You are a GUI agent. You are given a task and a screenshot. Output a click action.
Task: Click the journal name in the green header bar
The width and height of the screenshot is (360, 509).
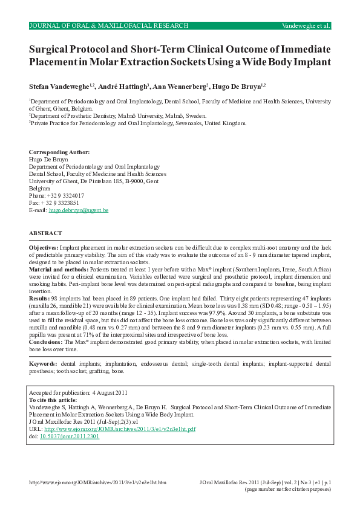[x=109, y=26]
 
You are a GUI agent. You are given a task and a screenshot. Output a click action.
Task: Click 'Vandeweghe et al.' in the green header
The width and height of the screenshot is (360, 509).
[x=306, y=26]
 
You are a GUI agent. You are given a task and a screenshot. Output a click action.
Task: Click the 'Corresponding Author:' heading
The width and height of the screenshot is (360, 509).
[x=59, y=152]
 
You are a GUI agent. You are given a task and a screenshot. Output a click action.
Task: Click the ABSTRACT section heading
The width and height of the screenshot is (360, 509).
[x=45, y=233]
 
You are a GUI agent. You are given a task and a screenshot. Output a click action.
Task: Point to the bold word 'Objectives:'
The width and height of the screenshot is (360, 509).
[x=44, y=248]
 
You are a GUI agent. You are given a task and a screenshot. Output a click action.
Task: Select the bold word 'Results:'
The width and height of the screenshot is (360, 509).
[x=40, y=298]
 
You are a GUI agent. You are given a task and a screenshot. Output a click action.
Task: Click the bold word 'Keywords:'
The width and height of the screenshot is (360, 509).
[x=44, y=363]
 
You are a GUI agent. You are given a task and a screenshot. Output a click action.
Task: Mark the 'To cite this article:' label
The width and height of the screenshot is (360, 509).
[x=53, y=400]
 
